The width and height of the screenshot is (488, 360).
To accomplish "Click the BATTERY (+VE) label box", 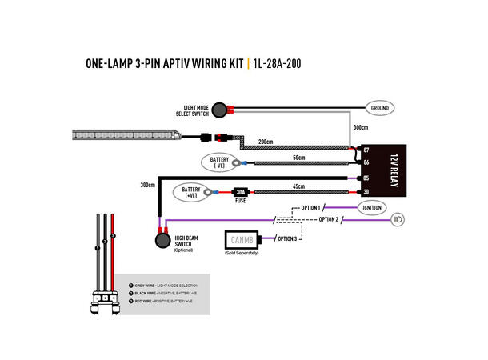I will [190, 192].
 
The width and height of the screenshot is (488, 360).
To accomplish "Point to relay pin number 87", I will [366, 150].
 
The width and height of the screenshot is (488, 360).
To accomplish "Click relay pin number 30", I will [366, 192].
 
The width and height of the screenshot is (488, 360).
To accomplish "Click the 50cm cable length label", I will [298, 157].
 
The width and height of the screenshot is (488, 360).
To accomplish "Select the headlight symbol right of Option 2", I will [398, 219].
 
